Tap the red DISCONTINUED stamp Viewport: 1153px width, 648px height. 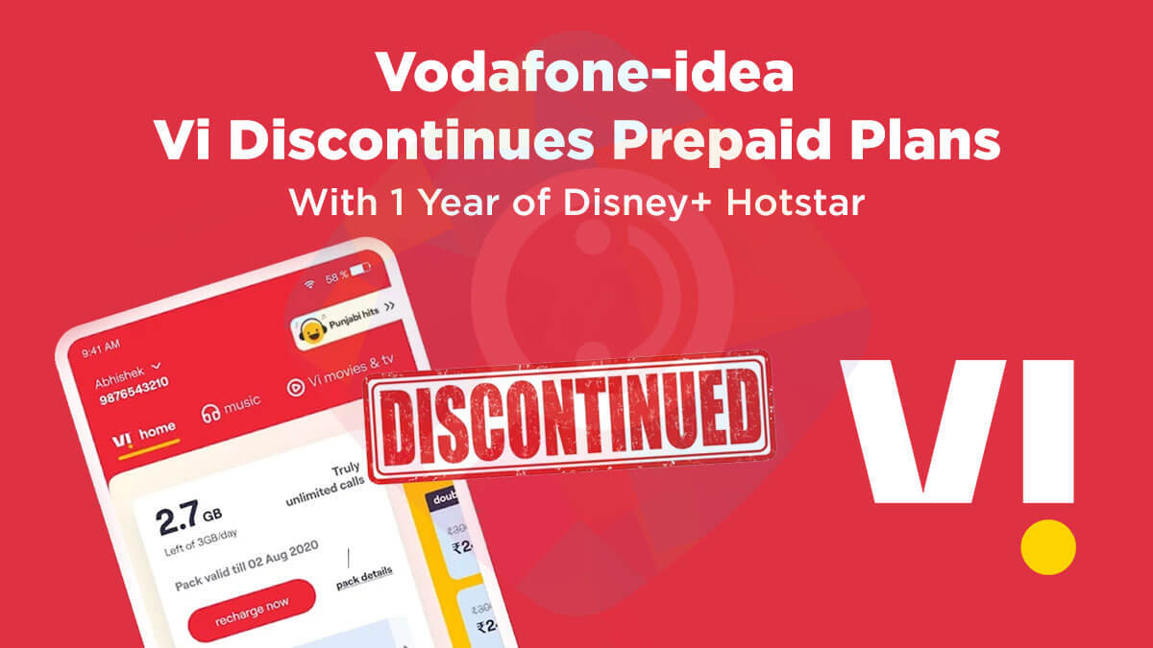(571, 414)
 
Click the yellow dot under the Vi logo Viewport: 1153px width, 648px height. (1048, 546)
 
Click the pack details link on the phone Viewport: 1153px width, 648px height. (364, 576)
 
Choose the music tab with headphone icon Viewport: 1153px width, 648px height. (231, 408)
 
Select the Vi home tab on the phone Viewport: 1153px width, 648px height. (145, 437)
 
